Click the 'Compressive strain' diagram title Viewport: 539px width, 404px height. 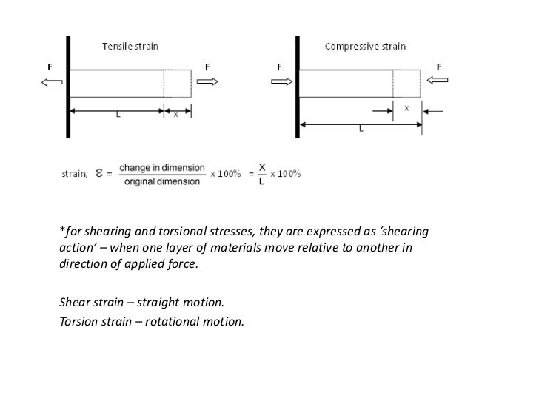coord(365,47)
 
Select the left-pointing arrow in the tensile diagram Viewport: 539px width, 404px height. coord(51,82)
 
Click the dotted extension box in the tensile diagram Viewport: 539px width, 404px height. coord(178,83)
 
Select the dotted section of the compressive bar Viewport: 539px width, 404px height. coord(407,83)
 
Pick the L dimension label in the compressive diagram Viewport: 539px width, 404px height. coord(361,128)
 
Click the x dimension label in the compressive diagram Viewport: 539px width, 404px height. coord(406,107)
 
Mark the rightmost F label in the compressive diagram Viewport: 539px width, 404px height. coord(439,67)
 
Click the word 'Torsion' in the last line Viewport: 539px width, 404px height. coord(76,322)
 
